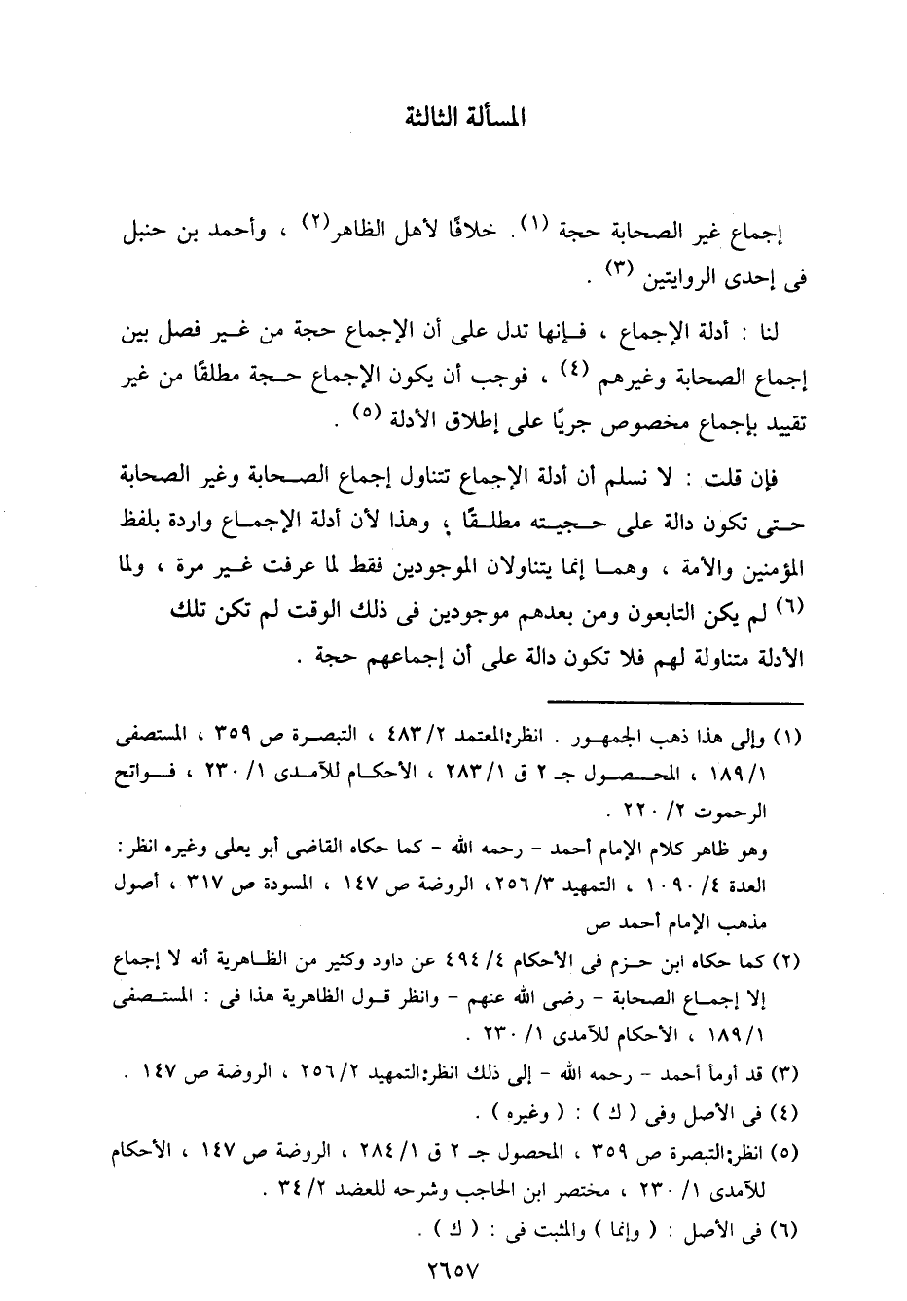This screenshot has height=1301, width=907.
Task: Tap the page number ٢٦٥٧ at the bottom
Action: pyautogui.click(x=453, y=1270)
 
